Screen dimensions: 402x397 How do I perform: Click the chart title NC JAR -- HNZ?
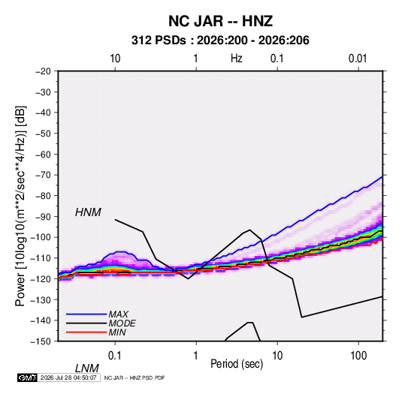click(220, 21)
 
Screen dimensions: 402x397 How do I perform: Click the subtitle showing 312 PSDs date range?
click(220, 41)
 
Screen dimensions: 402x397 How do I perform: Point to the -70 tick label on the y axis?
click(43, 175)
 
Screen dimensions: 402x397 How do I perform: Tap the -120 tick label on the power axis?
click(41, 279)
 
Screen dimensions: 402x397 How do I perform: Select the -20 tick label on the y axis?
click(43, 71)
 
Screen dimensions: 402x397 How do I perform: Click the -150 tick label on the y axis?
click(41, 341)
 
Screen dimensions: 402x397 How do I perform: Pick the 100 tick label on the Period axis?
click(358, 356)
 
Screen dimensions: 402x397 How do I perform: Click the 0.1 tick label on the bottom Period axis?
click(115, 356)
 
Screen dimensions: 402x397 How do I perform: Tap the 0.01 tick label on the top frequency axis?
click(358, 59)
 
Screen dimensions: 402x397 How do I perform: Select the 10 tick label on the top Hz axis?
click(115, 59)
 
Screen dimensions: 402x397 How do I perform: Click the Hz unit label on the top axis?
click(237, 59)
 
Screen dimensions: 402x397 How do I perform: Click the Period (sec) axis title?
click(237, 364)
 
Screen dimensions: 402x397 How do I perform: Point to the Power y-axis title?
click(20, 206)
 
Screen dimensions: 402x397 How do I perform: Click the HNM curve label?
click(88, 212)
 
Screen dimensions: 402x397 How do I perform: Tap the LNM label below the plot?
click(87, 368)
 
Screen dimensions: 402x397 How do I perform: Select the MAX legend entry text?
click(118, 314)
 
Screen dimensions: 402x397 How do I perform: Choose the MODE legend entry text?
click(122, 323)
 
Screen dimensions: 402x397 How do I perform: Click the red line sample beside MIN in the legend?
click(86, 332)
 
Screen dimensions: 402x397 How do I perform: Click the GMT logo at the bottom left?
click(27, 377)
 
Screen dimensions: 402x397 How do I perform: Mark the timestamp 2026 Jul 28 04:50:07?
click(68, 377)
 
